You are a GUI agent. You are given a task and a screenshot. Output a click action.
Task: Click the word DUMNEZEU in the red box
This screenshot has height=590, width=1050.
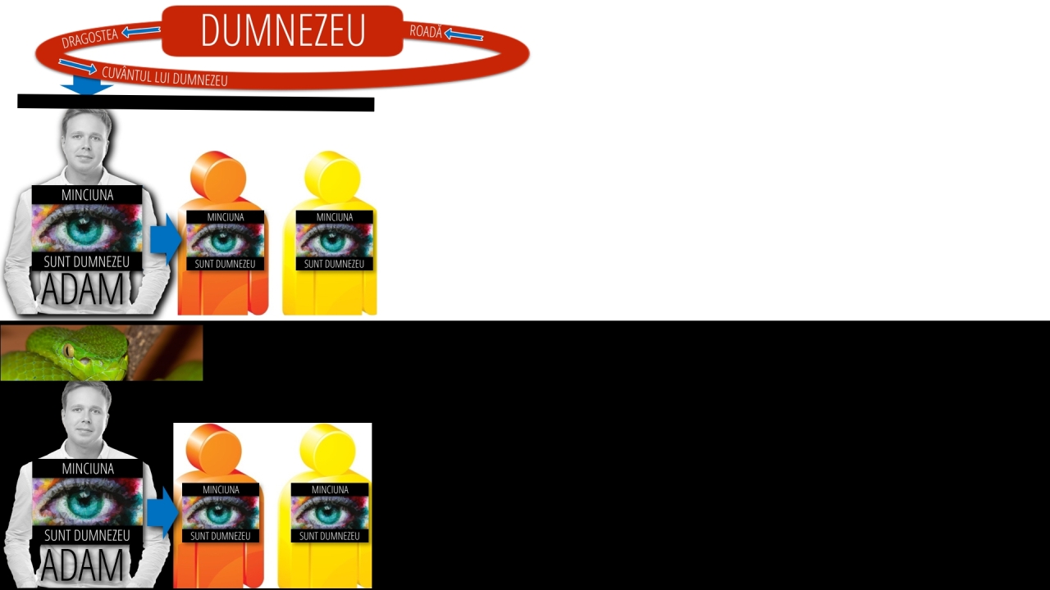(x=283, y=30)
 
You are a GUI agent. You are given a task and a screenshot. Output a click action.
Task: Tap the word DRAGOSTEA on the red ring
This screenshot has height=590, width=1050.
(x=89, y=39)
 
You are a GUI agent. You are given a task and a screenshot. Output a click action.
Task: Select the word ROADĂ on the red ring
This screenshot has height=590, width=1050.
(x=426, y=31)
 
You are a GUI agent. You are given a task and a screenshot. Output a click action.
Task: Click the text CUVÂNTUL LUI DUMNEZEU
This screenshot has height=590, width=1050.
(x=165, y=77)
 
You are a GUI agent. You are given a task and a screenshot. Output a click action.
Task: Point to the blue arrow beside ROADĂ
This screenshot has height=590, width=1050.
(x=463, y=34)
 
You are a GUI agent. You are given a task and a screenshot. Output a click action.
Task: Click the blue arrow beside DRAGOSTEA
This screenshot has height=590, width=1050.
(x=140, y=31)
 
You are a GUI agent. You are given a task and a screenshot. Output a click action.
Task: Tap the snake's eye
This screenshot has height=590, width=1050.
(x=69, y=350)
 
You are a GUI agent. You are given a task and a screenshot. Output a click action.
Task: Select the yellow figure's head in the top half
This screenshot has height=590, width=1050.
(x=332, y=176)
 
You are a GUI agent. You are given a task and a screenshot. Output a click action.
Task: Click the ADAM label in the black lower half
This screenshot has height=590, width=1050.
(x=83, y=565)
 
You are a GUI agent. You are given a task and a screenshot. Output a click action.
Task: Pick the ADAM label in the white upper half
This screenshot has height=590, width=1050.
(x=83, y=289)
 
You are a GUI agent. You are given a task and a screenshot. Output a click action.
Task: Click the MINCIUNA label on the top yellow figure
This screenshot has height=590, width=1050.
(x=335, y=217)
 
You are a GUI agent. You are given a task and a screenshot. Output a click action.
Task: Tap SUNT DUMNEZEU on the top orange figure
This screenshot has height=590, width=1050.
(x=225, y=264)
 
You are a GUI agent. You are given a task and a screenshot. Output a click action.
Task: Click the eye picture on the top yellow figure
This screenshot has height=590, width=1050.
(x=334, y=240)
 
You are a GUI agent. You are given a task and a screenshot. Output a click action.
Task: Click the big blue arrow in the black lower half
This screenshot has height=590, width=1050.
(x=162, y=512)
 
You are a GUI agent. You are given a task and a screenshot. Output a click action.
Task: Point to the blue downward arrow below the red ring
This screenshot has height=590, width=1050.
(x=87, y=86)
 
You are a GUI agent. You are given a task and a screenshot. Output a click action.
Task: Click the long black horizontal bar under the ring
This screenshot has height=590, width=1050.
(x=196, y=103)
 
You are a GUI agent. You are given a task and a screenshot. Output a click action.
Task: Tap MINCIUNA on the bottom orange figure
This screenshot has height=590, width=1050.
(x=221, y=490)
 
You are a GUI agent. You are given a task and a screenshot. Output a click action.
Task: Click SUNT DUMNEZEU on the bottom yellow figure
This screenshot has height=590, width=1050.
(x=330, y=536)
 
